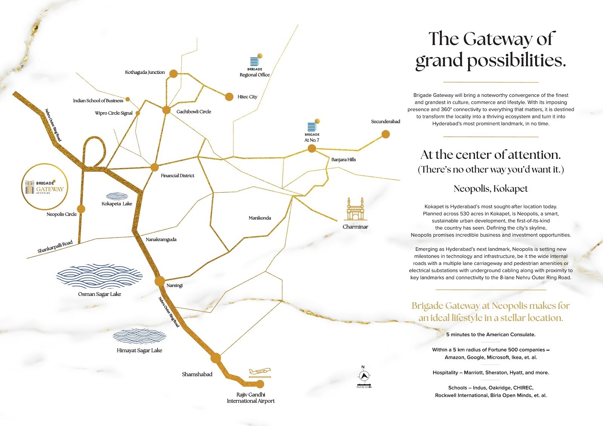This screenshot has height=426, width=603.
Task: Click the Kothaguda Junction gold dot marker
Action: pos(173,74)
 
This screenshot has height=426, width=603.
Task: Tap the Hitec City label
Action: pos(247,97)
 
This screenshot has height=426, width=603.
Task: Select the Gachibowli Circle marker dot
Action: pos(167,110)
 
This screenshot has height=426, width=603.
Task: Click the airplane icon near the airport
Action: pos(260,372)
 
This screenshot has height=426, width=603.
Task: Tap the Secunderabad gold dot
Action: pos(385,134)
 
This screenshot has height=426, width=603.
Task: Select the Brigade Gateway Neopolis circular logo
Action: pos(45,187)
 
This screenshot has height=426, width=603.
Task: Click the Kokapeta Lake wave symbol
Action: pos(117,196)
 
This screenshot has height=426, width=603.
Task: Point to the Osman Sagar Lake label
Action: pos(99,294)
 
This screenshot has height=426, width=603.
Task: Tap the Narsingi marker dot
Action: pos(160,281)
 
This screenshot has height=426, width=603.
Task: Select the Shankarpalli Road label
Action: pos(55,247)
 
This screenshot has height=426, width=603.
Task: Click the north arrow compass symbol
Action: pos(364,376)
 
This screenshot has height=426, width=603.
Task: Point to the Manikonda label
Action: pos(260,218)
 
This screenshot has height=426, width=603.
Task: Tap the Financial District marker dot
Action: pos(155,167)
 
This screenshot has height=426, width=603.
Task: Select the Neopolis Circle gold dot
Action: pos(81,209)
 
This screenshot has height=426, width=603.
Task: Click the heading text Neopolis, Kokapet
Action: pos(490,188)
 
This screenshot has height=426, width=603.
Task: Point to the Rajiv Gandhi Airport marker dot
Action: pos(260,384)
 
